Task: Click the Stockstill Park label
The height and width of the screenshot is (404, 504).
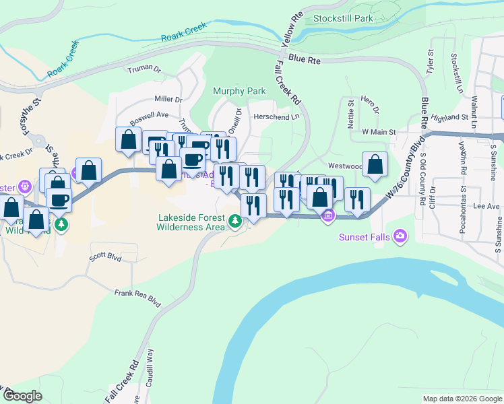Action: tap(343, 18)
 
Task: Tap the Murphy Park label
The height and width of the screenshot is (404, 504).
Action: tap(239, 91)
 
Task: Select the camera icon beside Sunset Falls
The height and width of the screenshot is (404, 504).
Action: tap(401, 235)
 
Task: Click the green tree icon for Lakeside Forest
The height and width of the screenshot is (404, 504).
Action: tap(234, 221)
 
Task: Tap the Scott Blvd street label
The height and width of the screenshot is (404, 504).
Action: tap(105, 258)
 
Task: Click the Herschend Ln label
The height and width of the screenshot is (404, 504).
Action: tap(276, 116)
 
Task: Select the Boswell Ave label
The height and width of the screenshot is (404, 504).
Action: tap(149, 114)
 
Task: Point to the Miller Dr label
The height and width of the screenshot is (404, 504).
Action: tap(168, 99)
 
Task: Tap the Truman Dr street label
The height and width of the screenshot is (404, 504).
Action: tap(144, 69)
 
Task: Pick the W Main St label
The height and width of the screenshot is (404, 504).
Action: tap(378, 133)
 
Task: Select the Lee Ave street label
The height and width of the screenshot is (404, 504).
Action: tap(485, 206)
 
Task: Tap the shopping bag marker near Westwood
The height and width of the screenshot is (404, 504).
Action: tap(375, 165)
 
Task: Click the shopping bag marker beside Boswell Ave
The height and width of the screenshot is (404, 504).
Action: tap(128, 140)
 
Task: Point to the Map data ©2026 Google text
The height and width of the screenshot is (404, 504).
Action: tap(462, 399)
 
